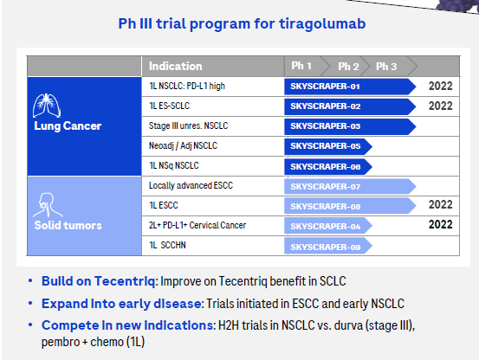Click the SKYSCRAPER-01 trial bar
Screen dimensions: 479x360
pos(350,87)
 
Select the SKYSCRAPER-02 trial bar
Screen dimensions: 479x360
pos(350,106)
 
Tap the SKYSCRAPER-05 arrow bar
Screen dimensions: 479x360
pos(328,146)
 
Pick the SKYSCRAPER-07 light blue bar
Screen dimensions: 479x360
pos(350,186)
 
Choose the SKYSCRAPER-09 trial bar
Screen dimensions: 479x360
pos(328,247)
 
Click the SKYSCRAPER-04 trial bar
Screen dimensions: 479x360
pos(328,226)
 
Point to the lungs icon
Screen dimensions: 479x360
pos(47,106)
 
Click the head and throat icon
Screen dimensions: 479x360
pos(48,205)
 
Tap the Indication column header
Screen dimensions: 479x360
pos(175,67)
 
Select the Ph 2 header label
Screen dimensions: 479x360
pos(348,67)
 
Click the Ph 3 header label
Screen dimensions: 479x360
pos(386,67)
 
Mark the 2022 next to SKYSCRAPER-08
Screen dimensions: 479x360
pos(440,205)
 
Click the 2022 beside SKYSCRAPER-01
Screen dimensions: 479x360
pos(440,86)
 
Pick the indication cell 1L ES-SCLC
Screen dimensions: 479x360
pos(169,106)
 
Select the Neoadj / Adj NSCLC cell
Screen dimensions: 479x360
pos(183,146)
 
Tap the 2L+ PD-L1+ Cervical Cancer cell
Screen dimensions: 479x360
pos(197,225)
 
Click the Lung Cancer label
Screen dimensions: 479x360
pos(68,126)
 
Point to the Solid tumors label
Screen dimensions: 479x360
pos(68,226)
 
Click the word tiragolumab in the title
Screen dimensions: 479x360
pos(322,24)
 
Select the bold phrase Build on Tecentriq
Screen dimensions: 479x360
pos(99,281)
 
